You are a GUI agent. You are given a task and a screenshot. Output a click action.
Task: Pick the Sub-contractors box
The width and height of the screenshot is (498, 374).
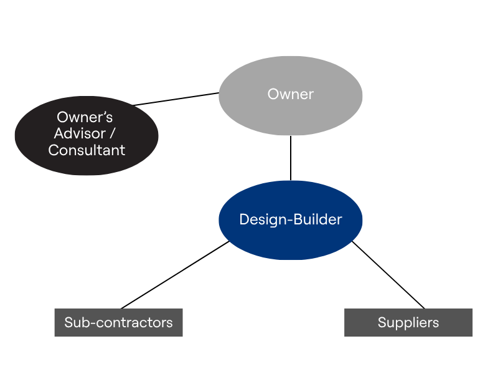coord(118,330)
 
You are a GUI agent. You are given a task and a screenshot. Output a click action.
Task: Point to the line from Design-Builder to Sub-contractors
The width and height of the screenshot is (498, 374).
coord(174,275)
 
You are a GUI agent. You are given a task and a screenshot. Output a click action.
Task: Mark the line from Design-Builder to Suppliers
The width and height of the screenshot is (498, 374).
coord(388,275)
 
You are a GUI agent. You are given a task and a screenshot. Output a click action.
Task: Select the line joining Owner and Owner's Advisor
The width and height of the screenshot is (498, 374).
coord(176,99)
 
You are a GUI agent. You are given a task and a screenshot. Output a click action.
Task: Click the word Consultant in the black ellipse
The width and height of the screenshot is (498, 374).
coord(87,150)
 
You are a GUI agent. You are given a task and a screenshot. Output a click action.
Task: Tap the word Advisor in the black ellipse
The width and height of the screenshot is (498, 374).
coord(80,133)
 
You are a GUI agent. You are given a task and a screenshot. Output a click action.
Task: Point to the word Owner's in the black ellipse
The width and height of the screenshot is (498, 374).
coord(85,117)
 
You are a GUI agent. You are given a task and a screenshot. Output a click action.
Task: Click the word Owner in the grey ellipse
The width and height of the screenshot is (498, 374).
coord(290,95)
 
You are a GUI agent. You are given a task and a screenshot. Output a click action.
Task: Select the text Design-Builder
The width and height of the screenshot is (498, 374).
coord(290,219)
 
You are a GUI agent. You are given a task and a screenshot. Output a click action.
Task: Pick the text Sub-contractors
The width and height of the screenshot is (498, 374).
coord(118,322)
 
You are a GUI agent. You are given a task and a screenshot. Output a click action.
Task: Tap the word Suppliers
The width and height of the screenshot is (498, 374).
coord(408,322)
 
